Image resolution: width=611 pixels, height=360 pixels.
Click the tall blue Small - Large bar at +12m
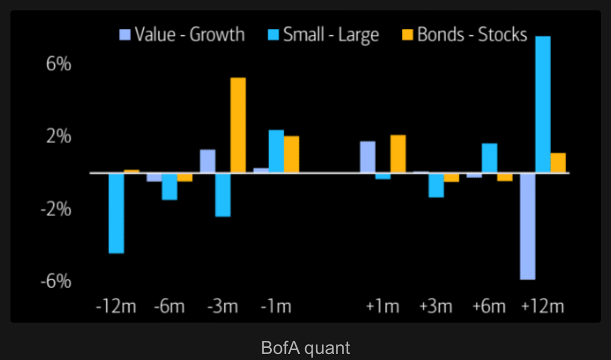click(542, 104)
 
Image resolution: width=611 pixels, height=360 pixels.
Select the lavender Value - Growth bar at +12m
click(527, 226)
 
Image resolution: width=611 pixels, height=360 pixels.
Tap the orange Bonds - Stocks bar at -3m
click(238, 125)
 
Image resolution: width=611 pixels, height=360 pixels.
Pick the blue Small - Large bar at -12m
click(117, 213)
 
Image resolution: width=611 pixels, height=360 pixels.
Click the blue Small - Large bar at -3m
click(223, 195)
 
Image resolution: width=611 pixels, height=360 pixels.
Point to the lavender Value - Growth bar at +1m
click(368, 157)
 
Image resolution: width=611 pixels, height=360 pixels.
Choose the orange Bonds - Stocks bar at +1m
click(398, 154)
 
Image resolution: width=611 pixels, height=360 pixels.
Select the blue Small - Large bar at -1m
click(276, 151)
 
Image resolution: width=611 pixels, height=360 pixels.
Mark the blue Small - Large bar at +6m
click(489, 158)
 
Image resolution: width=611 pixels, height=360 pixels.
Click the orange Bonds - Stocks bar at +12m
click(558, 163)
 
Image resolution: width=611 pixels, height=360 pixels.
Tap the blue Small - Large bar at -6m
click(169, 187)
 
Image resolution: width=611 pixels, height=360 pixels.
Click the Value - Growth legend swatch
click(125, 35)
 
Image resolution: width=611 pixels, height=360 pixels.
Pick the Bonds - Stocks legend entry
click(465, 35)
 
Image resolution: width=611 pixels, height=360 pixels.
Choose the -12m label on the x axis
click(116, 307)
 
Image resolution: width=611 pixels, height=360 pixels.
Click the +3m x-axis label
click(435, 307)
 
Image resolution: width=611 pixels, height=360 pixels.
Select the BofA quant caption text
click(305, 348)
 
